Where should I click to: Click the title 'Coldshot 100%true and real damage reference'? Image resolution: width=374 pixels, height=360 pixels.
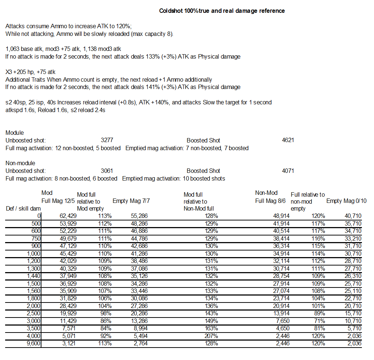(222, 11)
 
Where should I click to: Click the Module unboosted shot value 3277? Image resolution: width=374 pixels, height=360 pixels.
(107, 140)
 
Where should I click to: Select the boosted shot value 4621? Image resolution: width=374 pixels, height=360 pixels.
(288, 140)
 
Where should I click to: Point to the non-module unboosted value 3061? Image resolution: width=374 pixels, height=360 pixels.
(107, 171)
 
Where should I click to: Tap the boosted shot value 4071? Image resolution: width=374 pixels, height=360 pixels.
(288, 171)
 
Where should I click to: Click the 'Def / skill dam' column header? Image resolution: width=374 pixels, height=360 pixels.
(23, 208)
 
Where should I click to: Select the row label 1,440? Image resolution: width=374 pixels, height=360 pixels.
(33, 276)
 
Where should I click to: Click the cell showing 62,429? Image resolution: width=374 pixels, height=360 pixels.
(68, 216)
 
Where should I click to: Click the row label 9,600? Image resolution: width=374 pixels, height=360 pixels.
(33, 343)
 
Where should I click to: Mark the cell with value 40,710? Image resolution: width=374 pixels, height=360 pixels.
(352, 216)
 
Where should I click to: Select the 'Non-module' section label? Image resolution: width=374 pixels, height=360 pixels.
(21, 163)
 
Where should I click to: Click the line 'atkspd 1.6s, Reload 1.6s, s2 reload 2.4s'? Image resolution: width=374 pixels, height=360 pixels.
(55, 110)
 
